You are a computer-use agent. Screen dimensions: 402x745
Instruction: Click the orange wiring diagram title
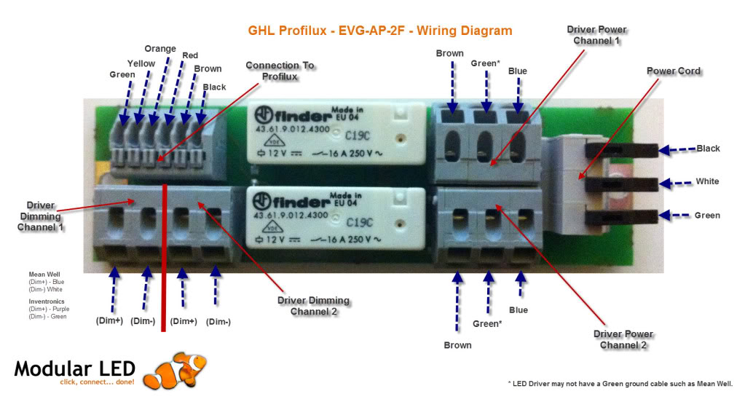pyautogui.click(x=380, y=31)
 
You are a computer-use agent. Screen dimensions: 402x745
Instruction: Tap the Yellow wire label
pyautogui.click(x=141, y=63)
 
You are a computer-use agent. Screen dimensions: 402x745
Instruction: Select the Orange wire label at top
pyautogui.click(x=160, y=49)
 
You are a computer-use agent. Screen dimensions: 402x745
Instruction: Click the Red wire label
pyautogui.click(x=189, y=55)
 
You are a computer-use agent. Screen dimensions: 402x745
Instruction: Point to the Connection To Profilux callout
pyautogui.click(x=280, y=71)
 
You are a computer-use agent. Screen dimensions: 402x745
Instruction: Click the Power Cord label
pyautogui.click(x=674, y=71)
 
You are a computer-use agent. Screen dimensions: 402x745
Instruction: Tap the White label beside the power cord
pyautogui.click(x=706, y=181)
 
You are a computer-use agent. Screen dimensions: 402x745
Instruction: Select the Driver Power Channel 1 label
pyautogui.click(x=596, y=35)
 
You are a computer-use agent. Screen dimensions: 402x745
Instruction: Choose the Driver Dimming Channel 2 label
pyautogui.click(x=313, y=306)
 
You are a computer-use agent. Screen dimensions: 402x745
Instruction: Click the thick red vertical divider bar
pyautogui.click(x=165, y=259)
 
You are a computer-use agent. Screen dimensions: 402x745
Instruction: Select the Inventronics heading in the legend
pyautogui.click(x=47, y=301)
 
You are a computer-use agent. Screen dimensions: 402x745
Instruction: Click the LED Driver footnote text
pyautogui.click(x=619, y=384)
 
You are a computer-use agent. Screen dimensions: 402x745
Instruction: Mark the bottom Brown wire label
pyautogui.click(x=457, y=345)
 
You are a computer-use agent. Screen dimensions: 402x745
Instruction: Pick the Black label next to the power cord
pyautogui.click(x=708, y=149)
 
